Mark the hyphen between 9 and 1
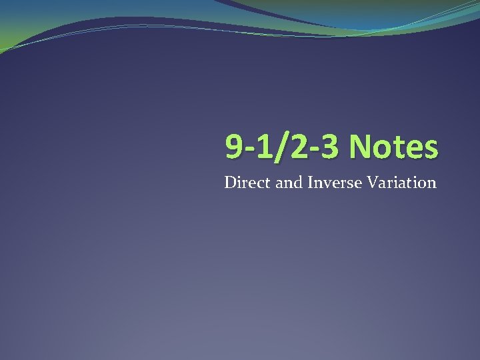[x=248, y=150]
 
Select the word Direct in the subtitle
[x=248, y=182]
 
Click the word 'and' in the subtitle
[x=289, y=182]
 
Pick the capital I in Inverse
[x=309, y=182]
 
